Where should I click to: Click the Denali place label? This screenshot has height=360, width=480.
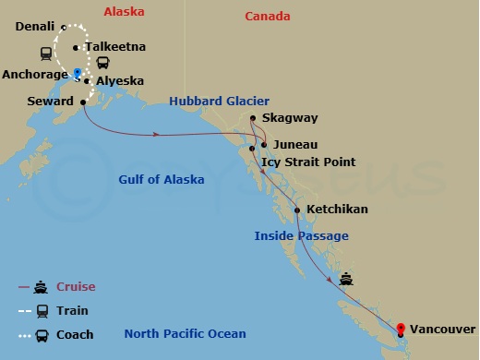(x=35, y=27)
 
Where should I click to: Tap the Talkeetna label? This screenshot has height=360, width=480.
(x=114, y=46)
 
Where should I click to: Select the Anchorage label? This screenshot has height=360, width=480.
(x=35, y=73)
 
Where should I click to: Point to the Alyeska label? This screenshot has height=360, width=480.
(x=120, y=81)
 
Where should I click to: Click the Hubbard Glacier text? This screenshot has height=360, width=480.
(x=219, y=101)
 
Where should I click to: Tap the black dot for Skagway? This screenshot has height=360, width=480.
(x=253, y=118)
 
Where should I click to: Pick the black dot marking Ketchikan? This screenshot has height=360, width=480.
(x=297, y=210)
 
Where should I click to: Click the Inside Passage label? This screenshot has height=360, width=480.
(x=301, y=236)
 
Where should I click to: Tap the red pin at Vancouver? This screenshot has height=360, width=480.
(x=401, y=329)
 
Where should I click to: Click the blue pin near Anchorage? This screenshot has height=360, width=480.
(x=78, y=72)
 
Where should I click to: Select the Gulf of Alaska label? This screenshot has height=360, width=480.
(x=162, y=180)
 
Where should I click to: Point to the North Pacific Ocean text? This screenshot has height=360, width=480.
(x=186, y=334)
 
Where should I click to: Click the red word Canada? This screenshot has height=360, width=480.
(x=268, y=17)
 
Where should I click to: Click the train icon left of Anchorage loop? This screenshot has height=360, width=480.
(x=43, y=53)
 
